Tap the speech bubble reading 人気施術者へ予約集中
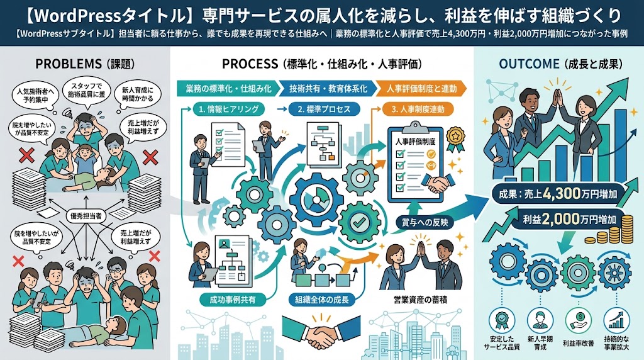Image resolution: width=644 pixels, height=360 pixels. (x=35, y=95)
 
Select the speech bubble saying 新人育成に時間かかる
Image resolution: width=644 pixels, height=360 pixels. (x=138, y=94)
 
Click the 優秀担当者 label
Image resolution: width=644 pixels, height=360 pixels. (x=86, y=216)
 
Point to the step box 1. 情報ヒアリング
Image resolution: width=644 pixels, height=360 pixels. (x=229, y=109)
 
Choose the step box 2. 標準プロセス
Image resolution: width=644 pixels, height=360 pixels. (x=324, y=110)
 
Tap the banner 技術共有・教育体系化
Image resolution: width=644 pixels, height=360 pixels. (x=328, y=88)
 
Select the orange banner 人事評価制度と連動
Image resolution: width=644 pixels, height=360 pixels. (x=421, y=88)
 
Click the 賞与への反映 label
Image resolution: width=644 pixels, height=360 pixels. (x=425, y=222)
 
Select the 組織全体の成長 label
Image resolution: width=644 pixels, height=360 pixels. (x=321, y=300)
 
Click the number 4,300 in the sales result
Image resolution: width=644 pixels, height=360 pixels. (x=561, y=194)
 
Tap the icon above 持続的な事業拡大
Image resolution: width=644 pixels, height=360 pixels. (x=616, y=319)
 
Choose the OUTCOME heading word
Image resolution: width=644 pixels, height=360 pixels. (x=530, y=64)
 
